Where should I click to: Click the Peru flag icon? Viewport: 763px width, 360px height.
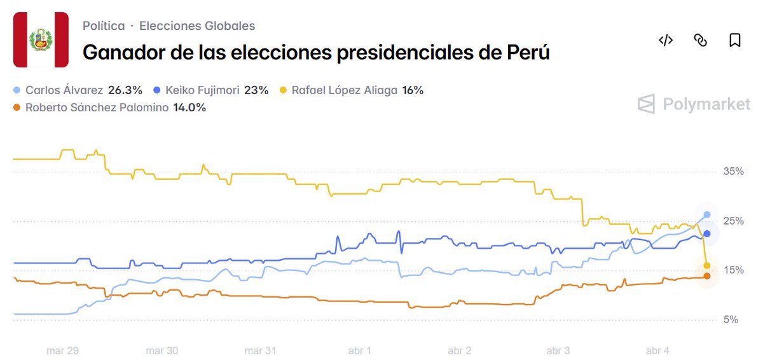pyautogui.click(x=41, y=39)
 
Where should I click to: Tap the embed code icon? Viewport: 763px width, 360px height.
pyautogui.click(x=665, y=41)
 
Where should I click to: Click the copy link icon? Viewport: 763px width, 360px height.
pyautogui.click(x=700, y=41)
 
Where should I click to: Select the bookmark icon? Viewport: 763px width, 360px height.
pyautogui.click(x=734, y=41)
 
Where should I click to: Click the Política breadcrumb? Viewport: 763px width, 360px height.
pyautogui.click(x=104, y=26)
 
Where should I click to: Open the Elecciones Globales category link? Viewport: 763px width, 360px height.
pyautogui.click(x=197, y=26)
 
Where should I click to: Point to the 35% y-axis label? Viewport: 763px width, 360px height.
pyautogui.click(x=733, y=172)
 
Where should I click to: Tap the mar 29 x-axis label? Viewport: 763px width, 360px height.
pyautogui.click(x=62, y=350)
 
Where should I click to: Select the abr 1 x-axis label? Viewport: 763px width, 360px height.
pyautogui.click(x=360, y=350)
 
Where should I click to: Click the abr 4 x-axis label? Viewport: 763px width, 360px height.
pyautogui.click(x=657, y=350)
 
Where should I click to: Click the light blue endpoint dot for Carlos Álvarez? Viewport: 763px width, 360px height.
pyautogui.click(x=707, y=214)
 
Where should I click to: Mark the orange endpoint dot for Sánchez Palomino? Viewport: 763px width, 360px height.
pyautogui.click(x=707, y=276)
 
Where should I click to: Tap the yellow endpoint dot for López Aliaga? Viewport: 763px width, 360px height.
pyautogui.click(x=707, y=266)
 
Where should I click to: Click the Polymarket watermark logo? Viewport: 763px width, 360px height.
pyautogui.click(x=694, y=104)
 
